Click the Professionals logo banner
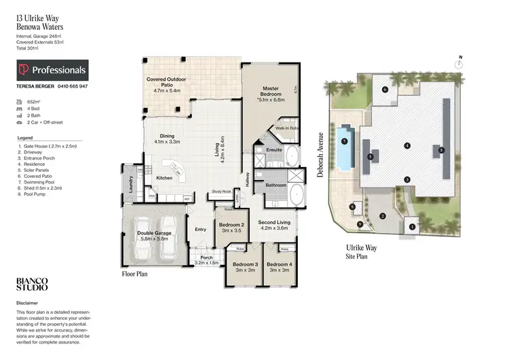point(52,70)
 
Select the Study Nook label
point(222,192)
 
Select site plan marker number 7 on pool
point(344,141)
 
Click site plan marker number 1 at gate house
point(411,226)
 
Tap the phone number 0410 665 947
point(72,87)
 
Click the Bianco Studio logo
point(31,285)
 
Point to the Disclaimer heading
point(28,303)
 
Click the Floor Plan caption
point(135,274)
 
